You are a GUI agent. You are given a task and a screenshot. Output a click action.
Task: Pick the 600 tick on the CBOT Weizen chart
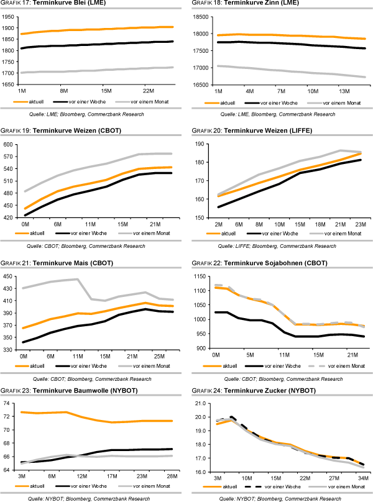pos(9,144)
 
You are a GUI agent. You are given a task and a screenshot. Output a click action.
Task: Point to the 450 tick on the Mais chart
pos(9,276)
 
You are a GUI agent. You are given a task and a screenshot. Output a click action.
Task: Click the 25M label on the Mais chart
pos(160,356)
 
